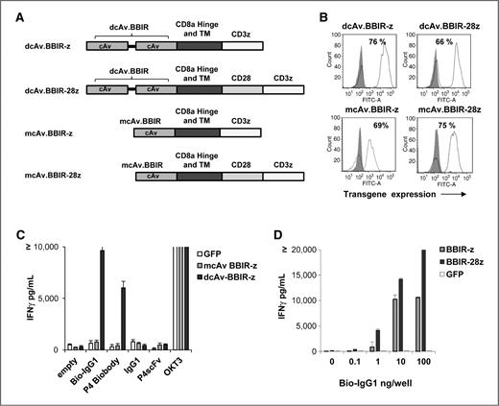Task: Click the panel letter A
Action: tap(12, 12)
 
